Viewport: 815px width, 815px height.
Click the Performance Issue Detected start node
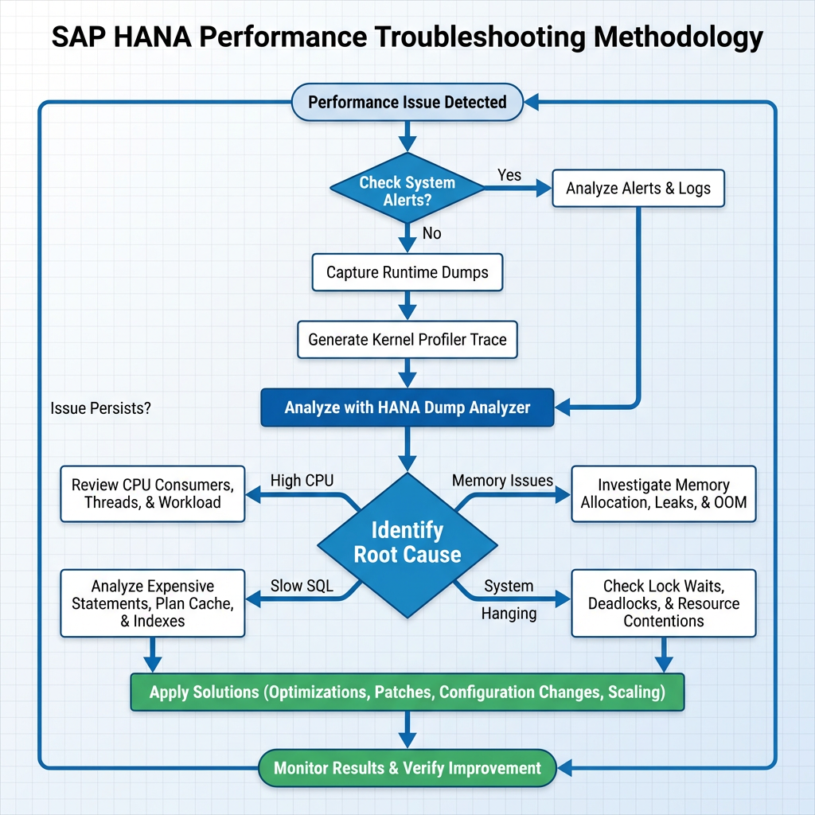coord(407,102)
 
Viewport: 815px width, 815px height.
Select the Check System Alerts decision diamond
coord(407,190)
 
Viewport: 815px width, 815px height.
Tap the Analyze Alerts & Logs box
coord(638,189)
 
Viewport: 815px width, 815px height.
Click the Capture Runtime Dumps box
coord(407,272)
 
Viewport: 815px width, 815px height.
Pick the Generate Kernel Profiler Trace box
coord(407,340)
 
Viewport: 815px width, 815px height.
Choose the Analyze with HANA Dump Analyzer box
coord(407,407)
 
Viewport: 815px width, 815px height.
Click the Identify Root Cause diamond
coord(407,543)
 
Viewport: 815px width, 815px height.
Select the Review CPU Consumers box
coord(153,493)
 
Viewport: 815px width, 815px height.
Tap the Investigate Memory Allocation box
coord(664,493)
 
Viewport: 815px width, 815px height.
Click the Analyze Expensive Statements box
coord(153,602)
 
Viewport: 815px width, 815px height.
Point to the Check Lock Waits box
coord(664,602)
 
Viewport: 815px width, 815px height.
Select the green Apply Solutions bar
coord(407,692)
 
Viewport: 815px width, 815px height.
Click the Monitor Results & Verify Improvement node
coord(407,768)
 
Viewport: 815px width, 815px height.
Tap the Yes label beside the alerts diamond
coord(509,174)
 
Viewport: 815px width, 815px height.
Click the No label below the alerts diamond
coord(431,233)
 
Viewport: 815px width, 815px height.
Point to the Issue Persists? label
coord(100,408)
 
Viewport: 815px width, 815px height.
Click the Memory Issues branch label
coord(502,480)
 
